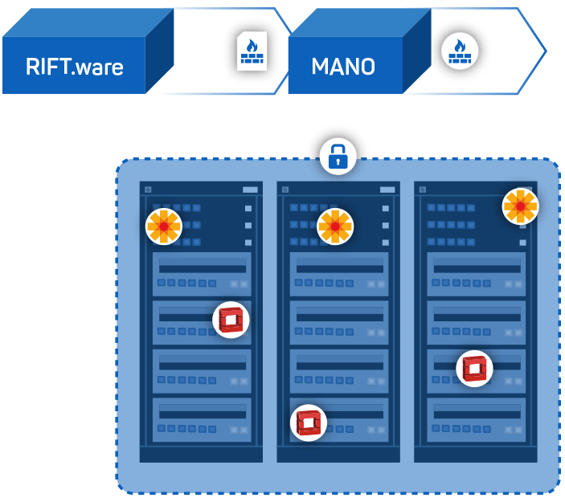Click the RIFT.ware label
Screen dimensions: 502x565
pyautogui.click(x=74, y=66)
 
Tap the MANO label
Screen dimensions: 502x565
pyautogui.click(x=343, y=66)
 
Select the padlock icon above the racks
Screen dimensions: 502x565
pyautogui.click(x=338, y=156)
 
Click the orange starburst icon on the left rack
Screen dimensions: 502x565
pyautogui.click(x=163, y=227)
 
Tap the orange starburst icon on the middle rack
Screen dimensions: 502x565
pyautogui.click(x=335, y=227)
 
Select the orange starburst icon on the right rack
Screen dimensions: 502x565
pyautogui.click(x=520, y=206)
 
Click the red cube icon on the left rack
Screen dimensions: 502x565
pyautogui.click(x=231, y=320)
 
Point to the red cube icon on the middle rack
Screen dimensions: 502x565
pyautogui.click(x=309, y=422)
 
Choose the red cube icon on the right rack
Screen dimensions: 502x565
pyautogui.click(x=474, y=369)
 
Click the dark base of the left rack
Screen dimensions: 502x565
pyautogui.click(x=201, y=455)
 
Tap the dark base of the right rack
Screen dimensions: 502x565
pyautogui.click(x=476, y=455)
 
